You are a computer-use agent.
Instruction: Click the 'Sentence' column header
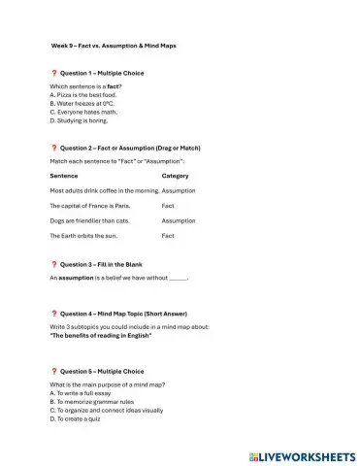point(64,176)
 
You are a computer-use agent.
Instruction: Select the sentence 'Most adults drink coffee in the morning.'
point(104,190)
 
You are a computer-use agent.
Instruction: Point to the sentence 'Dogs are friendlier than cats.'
point(88,220)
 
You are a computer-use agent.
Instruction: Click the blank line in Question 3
point(178,279)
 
